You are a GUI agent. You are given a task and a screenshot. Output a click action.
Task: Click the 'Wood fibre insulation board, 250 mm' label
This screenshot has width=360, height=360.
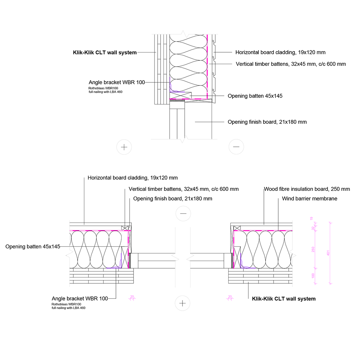click(x=307, y=189)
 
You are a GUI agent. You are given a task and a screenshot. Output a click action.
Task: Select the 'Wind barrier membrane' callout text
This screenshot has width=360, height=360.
click(x=309, y=198)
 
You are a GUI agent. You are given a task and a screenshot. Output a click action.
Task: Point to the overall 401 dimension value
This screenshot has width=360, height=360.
click(x=328, y=253)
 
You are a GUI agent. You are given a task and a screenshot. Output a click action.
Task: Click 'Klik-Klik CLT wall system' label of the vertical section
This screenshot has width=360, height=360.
click(x=105, y=53)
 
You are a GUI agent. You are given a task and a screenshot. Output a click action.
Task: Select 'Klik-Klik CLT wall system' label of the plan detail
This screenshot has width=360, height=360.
click(x=284, y=299)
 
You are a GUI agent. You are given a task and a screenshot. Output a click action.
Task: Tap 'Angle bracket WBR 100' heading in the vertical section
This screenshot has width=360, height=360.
click(x=117, y=82)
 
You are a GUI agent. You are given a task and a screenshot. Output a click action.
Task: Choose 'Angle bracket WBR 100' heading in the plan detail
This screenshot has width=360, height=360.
click(x=80, y=298)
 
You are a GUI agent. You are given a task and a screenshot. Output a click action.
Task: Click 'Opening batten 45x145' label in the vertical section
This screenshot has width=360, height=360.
click(x=255, y=96)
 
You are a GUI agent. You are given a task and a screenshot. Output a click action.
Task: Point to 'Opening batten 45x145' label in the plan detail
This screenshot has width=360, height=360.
click(x=32, y=247)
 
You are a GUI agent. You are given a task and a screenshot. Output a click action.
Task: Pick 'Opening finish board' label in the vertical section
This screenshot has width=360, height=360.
click(x=267, y=122)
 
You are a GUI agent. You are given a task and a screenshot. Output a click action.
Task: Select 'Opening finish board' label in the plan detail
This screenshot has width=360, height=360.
click(x=172, y=198)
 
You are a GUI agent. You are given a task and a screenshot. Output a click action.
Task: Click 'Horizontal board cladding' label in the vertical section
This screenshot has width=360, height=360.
click(x=280, y=53)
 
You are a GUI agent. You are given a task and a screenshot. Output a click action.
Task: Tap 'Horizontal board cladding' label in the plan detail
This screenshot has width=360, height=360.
click(x=132, y=178)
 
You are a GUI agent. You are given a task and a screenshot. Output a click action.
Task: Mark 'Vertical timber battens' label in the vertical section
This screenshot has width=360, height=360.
click(x=291, y=64)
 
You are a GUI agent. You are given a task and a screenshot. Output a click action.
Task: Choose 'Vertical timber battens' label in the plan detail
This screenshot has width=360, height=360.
click(x=183, y=189)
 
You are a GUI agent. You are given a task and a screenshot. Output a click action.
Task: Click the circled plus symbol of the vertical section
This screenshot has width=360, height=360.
click(x=124, y=147)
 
